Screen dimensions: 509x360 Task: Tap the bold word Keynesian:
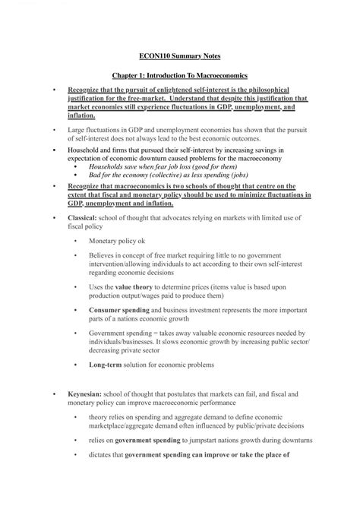86,395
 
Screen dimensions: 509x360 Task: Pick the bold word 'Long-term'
108,366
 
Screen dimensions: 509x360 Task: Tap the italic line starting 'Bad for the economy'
159,174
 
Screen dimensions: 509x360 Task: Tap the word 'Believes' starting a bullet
103,255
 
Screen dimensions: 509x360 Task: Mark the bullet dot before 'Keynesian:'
53,396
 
